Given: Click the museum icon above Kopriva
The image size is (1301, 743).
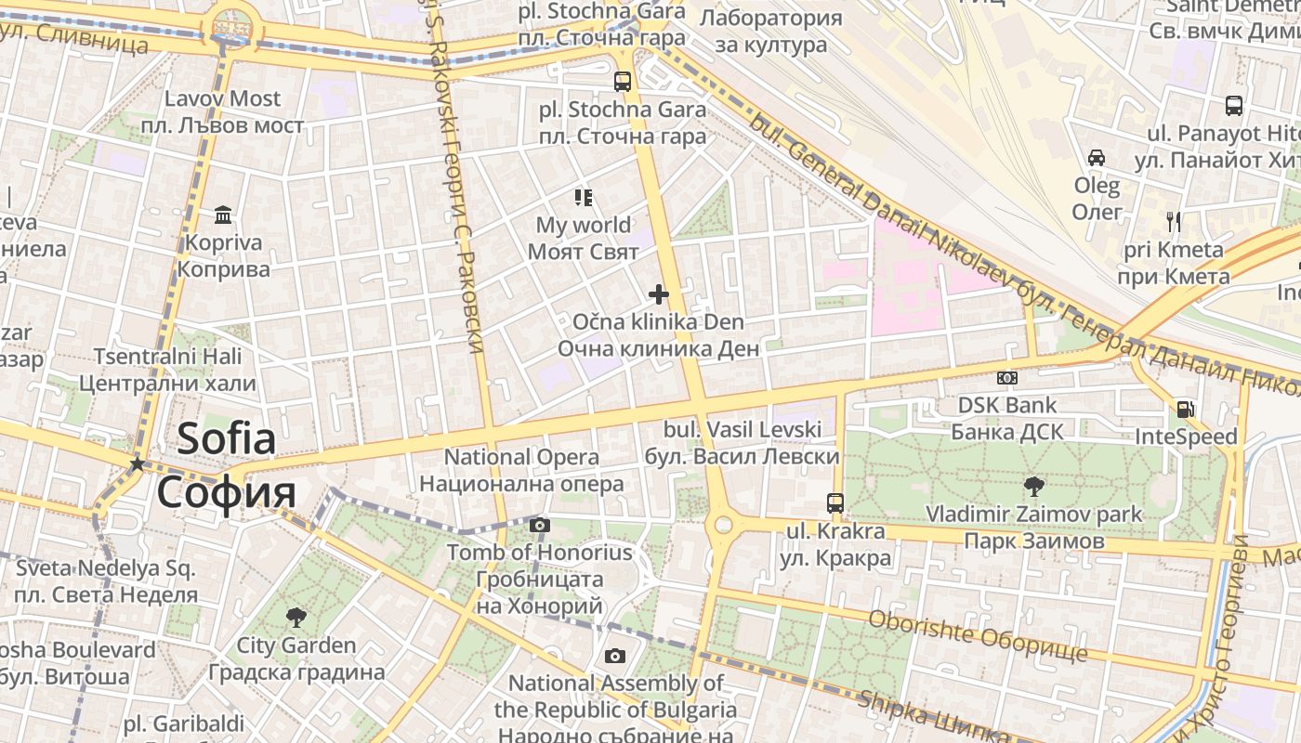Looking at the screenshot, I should [x=223, y=215].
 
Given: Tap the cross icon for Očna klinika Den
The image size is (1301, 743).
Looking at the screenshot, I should [x=659, y=295].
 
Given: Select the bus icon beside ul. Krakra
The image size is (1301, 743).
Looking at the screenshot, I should [x=835, y=503].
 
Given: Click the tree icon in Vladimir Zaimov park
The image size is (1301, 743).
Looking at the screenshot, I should [x=1032, y=486].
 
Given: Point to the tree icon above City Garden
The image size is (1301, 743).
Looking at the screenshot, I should [x=296, y=617].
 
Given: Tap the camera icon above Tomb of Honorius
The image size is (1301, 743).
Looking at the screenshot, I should [x=539, y=526].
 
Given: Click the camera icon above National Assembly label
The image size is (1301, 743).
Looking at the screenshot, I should [x=614, y=657].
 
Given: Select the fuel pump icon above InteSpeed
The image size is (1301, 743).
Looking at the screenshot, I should [x=1185, y=409].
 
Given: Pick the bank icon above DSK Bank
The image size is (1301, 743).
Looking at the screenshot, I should [x=1006, y=378].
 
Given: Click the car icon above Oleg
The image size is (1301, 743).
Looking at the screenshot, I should [x=1097, y=157].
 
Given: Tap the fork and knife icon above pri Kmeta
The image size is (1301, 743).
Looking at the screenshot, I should [x=1174, y=221].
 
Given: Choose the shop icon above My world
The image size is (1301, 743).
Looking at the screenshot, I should [x=583, y=197].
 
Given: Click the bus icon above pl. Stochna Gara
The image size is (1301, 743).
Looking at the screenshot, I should [x=623, y=81].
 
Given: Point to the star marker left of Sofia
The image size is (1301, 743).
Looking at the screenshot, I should [x=138, y=463].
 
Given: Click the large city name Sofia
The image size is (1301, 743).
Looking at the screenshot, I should [x=226, y=438].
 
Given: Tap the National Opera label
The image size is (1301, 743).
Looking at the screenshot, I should [x=521, y=457].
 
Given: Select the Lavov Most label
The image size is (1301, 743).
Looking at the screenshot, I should [x=222, y=98].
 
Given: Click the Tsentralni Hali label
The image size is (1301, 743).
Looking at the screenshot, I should [x=167, y=357].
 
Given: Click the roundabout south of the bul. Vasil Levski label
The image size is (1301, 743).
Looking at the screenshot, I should [x=719, y=526].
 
